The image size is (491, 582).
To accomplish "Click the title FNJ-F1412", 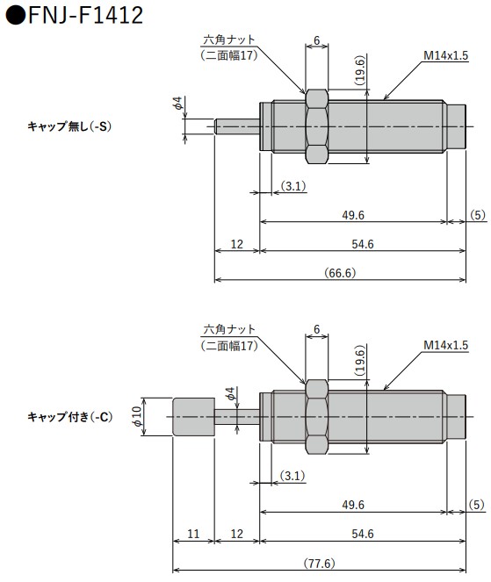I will click(75, 15).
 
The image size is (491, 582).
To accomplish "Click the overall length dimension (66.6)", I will click(338, 272).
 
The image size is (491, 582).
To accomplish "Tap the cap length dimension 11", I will click(194, 534).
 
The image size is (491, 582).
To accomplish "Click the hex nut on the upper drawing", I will click(316, 126).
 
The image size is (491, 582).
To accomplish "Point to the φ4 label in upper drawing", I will click(177, 104).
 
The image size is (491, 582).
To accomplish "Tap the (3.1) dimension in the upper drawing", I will click(293, 185).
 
